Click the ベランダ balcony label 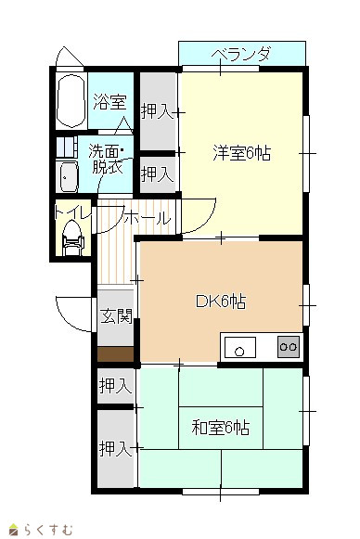241,55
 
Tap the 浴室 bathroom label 110,102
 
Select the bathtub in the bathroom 71,101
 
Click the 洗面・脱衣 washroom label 107,160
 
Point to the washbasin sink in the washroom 69,176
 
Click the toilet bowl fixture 72,237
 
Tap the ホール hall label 148,218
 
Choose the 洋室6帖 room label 242,153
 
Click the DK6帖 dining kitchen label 221,302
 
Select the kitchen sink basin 240,347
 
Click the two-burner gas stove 289,347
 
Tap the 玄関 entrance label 116,316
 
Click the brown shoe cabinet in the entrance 116,354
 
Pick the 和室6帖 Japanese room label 221,428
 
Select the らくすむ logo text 48,530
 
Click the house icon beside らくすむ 13,530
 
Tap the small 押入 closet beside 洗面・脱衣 157,174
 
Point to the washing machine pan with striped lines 67,148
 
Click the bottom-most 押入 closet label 116,449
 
